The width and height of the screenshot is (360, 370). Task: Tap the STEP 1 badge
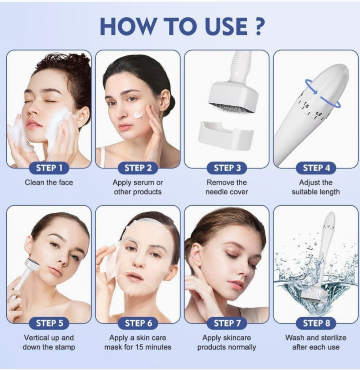click(49, 168)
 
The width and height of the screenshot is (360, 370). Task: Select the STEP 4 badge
click(316, 168)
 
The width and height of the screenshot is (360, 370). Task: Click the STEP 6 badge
click(138, 323)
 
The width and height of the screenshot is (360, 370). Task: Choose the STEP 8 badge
click(316, 323)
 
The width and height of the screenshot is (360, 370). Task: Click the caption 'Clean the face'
click(49, 182)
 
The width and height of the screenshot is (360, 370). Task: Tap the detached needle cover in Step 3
click(226, 136)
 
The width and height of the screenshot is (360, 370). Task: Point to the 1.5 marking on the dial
click(306, 105)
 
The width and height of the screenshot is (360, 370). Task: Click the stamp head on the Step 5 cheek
click(33, 264)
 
